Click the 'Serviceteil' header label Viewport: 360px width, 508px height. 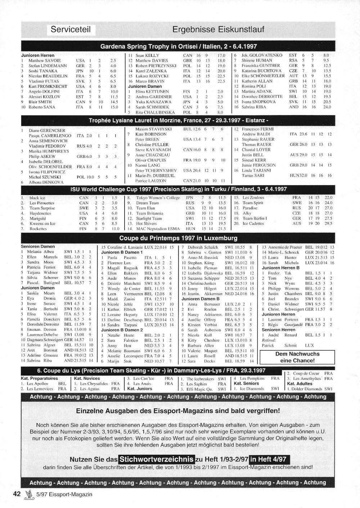point(71,29)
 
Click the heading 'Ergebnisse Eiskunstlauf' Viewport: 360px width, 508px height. point(218,29)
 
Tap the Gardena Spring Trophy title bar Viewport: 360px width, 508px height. point(178,46)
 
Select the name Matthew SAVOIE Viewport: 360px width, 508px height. point(45,61)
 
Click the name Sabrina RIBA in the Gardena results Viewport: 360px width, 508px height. point(254,107)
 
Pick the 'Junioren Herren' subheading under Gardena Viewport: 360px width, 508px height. point(38,55)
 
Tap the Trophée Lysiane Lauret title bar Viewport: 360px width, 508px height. point(178,121)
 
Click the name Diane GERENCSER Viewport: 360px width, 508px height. point(47,131)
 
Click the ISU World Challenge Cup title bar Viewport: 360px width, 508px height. point(178,189)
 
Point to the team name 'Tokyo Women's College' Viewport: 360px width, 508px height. point(158,198)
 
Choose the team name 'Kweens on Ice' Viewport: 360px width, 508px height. point(42,223)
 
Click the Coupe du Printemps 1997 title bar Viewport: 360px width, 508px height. point(178,238)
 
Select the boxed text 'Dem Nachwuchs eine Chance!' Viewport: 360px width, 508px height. point(297,357)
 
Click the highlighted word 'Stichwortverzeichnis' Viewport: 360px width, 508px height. point(156,459)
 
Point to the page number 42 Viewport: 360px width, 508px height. point(17,494)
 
